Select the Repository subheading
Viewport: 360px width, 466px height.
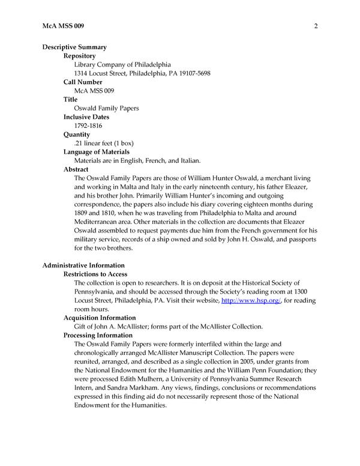tap(83, 56)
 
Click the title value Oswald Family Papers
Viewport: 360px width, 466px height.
tap(106, 109)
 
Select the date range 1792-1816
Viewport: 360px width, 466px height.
tap(88, 126)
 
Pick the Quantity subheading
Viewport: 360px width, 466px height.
tap(77, 135)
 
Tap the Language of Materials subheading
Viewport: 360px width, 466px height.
tap(105, 152)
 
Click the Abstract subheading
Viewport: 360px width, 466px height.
tap(77, 169)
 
